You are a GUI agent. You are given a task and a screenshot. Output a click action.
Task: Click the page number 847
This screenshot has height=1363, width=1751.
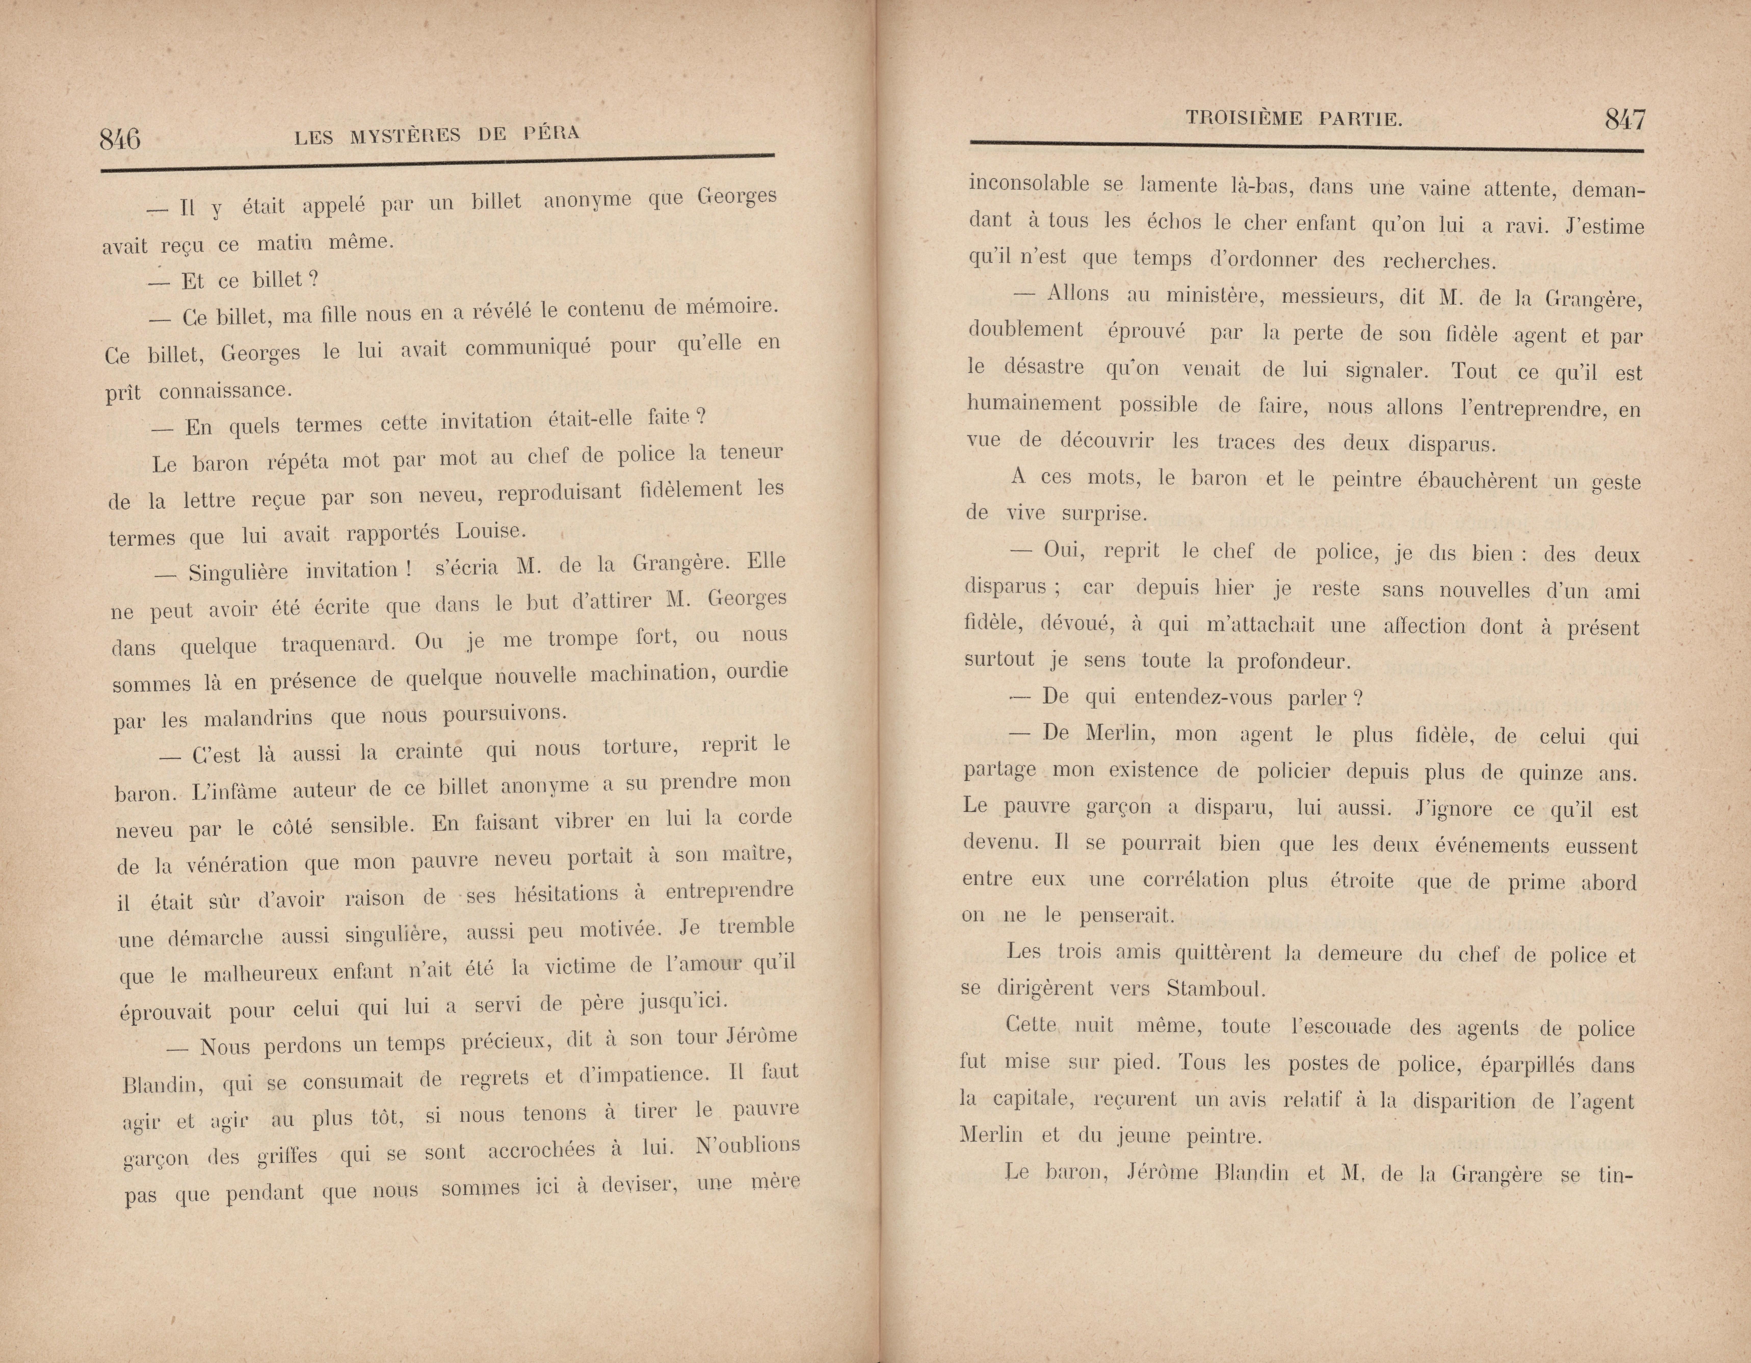point(1624,120)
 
